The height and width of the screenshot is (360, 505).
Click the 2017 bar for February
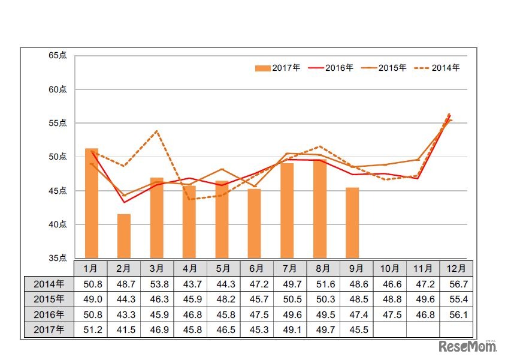(x=124, y=236)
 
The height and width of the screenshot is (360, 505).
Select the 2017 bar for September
(x=352, y=223)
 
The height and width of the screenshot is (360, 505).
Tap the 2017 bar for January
(x=92, y=203)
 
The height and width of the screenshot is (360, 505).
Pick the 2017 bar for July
(x=287, y=211)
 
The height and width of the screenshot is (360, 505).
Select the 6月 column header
(x=255, y=268)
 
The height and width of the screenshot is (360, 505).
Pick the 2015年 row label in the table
(x=49, y=299)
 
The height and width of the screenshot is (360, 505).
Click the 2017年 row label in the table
(x=49, y=329)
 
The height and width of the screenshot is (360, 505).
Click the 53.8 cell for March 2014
(x=157, y=284)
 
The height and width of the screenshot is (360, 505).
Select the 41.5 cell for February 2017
(x=124, y=329)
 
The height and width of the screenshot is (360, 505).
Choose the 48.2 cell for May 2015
(x=222, y=299)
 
